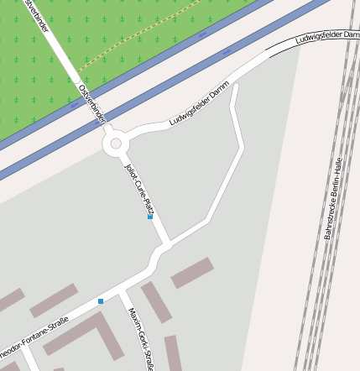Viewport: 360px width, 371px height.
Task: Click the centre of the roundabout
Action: click(x=116, y=144)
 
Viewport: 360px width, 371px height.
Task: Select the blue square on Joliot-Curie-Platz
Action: click(x=150, y=217)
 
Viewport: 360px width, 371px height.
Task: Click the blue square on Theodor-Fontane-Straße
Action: click(x=101, y=300)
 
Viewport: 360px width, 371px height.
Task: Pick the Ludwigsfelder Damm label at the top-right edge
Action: click(x=327, y=38)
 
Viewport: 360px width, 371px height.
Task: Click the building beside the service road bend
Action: click(x=192, y=273)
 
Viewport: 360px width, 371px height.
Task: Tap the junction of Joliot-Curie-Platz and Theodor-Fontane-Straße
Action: click(x=159, y=250)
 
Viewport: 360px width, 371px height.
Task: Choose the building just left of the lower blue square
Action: click(x=54, y=300)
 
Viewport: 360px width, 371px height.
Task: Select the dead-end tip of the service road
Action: click(x=235, y=87)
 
